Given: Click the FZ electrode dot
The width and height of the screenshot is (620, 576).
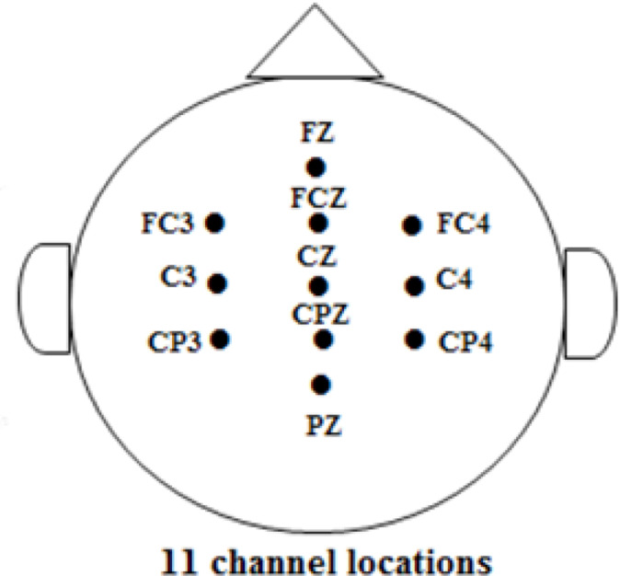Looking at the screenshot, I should click(316, 167).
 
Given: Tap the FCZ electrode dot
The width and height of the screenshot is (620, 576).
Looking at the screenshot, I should click(318, 223).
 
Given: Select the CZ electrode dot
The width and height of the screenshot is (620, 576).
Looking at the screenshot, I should click(318, 285).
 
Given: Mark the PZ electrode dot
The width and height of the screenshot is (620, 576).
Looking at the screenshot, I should click(321, 384).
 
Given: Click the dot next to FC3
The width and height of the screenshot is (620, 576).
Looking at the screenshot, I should click(215, 222).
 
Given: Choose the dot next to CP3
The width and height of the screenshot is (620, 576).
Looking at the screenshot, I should click(220, 339).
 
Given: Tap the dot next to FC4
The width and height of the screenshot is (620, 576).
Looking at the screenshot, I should click(412, 224).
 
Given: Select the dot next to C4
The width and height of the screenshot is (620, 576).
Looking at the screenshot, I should click(415, 285).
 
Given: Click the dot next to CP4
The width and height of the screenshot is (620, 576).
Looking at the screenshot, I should click(415, 340).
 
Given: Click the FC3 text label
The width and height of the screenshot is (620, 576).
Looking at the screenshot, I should click(168, 223).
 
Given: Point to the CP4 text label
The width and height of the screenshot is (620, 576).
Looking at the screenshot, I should click(465, 342).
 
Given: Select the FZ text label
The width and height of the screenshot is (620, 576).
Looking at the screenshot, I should click(317, 132).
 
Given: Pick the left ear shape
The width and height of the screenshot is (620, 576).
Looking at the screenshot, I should click(46, 297).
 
